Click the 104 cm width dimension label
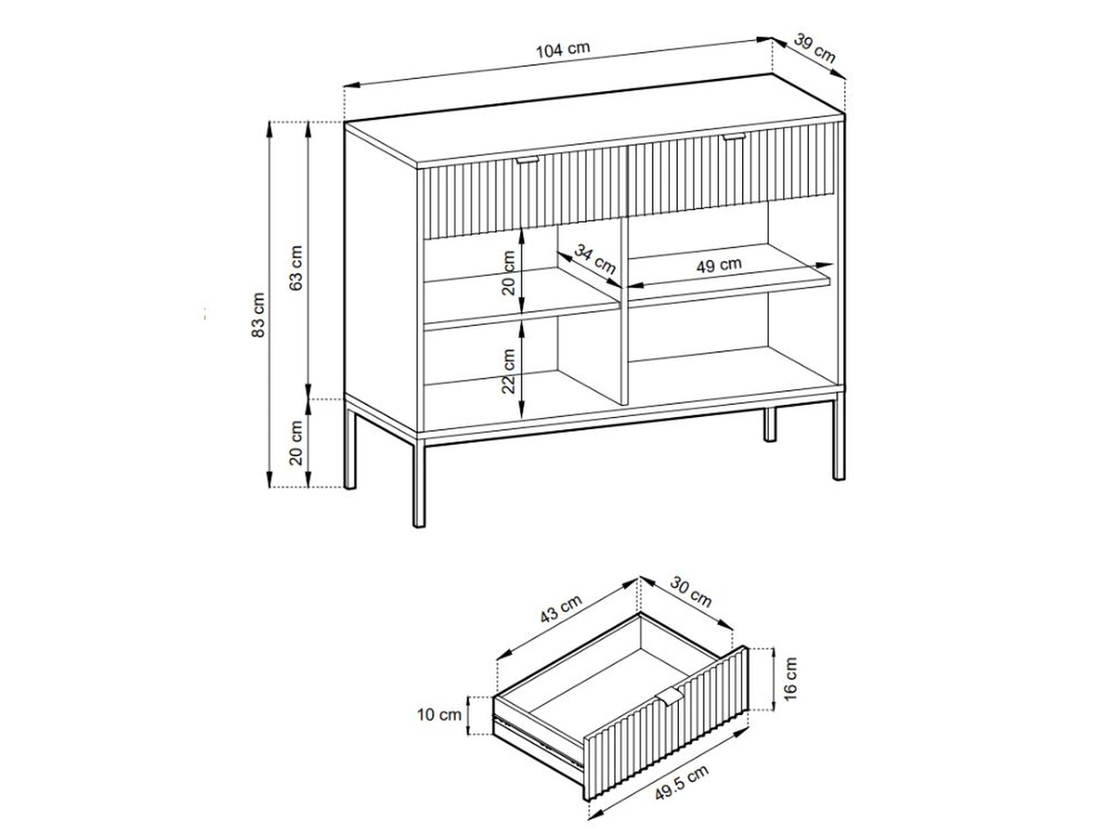click(x=562, y=50)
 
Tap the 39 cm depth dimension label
click(x=814, y=48)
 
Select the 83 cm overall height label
click(x=258, y=315)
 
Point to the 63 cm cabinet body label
click(x=296, y=268)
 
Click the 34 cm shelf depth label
click(x=595, y=259)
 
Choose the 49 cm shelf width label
click(x=719, y=265)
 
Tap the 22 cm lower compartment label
click(x=509, y=371)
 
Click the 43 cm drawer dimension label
click(x=561, y=608)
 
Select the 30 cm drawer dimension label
click(x=691, y=592)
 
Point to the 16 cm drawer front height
click(x=790, y=679)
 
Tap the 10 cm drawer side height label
click(x=439, y=714)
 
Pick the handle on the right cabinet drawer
click(x=735, y=136)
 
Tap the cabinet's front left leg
click(x=418, y=483)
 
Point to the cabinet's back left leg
click(x=350, y=448)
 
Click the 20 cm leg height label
click(x=296, y=442)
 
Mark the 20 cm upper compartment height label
click(x=509, y=273)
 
